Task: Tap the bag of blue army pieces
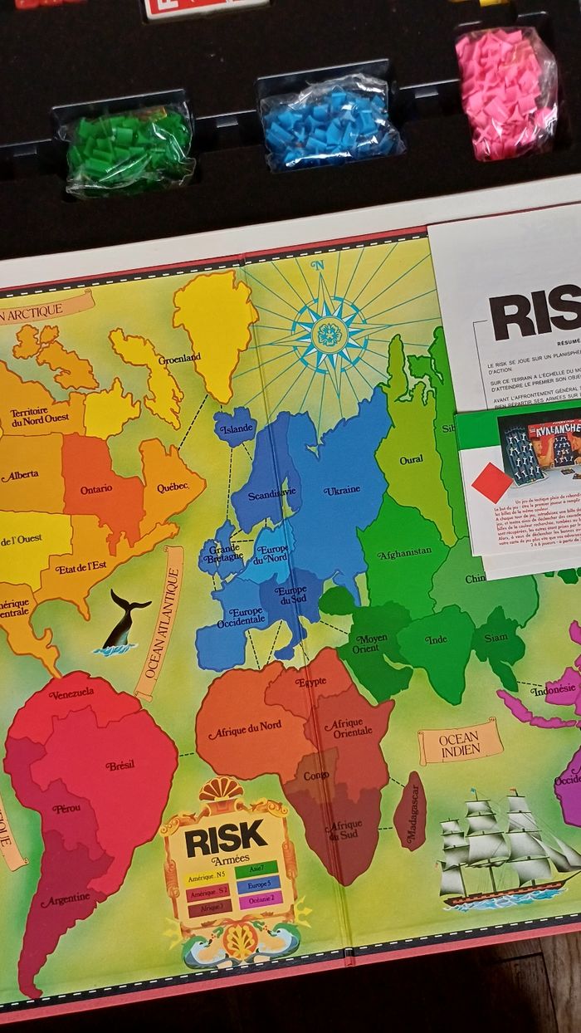[x=330, y=125]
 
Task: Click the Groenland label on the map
[x=180, y=358]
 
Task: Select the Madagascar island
[x=410, y=810]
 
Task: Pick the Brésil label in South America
[x=120, y=765]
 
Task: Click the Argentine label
[x=65, y=899]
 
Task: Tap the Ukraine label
[x=342, y=490]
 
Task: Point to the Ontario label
[x=96, y=489]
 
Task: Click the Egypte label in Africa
[x=310, y=683]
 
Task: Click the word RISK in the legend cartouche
[x=226, y=840]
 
